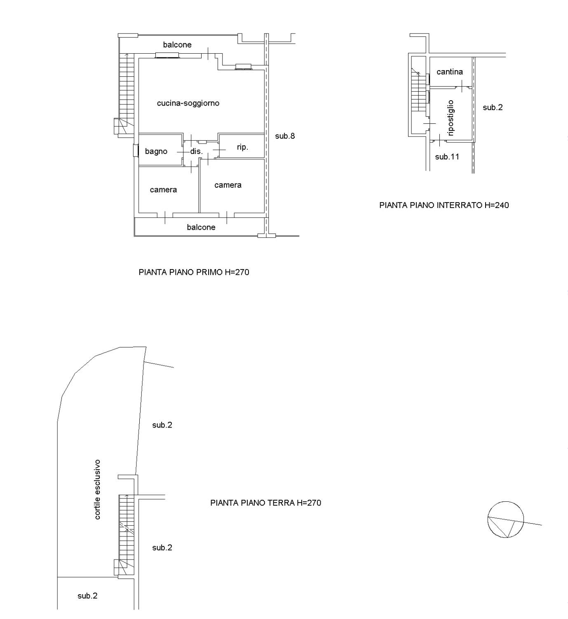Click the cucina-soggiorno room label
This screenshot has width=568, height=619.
pos(188,103)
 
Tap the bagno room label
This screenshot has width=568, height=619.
pos(156,151)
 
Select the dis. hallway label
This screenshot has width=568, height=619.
pos(197,151)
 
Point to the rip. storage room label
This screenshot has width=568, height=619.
pos(242,147)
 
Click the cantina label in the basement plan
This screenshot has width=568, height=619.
pos(450,72)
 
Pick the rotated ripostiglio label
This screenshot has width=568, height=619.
pos(451,118)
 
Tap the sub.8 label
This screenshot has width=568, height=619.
pos(285,136)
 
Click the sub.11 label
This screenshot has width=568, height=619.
pos(447,157)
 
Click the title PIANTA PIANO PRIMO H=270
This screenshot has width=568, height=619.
pos(194,272)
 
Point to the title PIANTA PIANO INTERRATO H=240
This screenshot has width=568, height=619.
pos(444,205)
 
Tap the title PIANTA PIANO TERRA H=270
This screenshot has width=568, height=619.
pos(266,503)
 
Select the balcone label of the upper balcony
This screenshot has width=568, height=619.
pos(177,45)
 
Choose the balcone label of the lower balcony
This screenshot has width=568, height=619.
pos(201,227)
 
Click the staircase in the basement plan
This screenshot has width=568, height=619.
pos(419,90)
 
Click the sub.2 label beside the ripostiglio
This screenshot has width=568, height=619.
pos(493,107)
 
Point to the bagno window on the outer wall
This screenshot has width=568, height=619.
pos(135,150)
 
